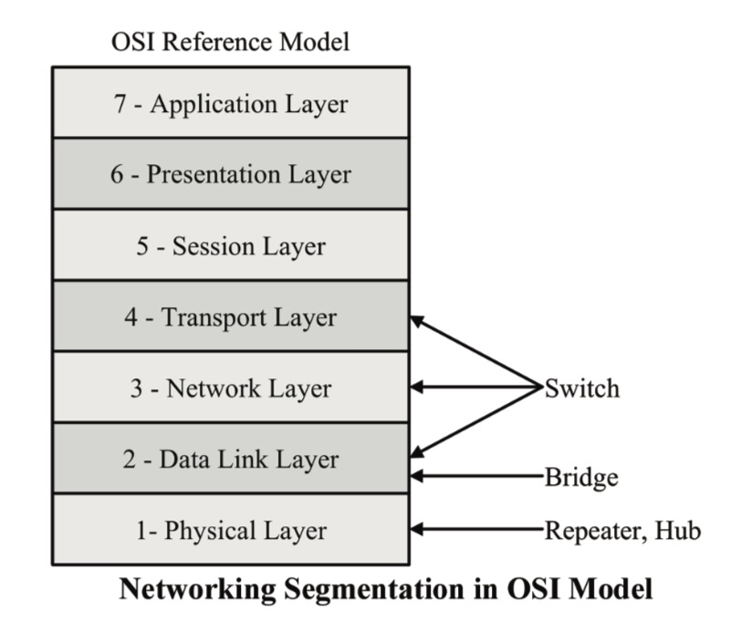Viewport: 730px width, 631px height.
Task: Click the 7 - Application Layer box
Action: [x=230, y=102]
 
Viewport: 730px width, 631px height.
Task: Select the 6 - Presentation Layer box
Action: [x=230, y=173]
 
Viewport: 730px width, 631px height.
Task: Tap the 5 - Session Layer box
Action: [x=230, y=245]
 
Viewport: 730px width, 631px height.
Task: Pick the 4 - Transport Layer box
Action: [x=230, y=317]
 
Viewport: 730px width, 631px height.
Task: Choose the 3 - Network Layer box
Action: [x=230, y=388]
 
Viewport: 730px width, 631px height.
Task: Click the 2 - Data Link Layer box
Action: [x=230, y=459]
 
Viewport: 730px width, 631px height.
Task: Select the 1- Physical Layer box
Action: [x=230, y=530]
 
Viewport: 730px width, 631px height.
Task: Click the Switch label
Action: [x=582, y=388]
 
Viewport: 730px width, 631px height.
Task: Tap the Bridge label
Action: [x=580, y=475]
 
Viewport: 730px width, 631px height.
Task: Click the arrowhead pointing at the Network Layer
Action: [x=418, y=388]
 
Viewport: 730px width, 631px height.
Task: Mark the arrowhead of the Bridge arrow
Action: [x=418, y=475]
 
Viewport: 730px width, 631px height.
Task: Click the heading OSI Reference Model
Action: [x=230, y=42]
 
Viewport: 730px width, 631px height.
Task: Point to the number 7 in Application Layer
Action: [x=120, y=103]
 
